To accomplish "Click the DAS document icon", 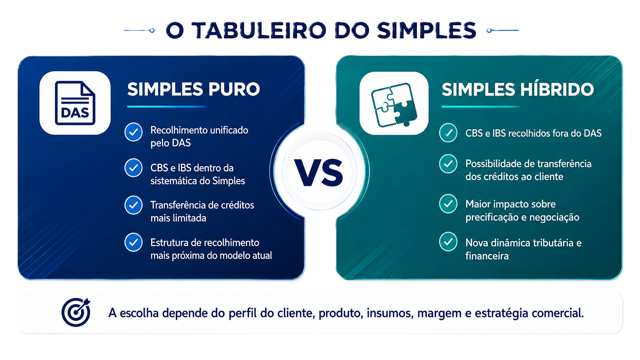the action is (x=75, y=103).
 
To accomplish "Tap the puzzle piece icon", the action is (x=394, y=104).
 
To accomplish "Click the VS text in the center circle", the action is (x=319, y=173).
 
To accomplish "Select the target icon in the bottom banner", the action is (x=76, y=312).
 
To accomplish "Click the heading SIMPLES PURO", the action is (x=193, y=89).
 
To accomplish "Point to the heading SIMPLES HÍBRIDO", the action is (x=518, y=89).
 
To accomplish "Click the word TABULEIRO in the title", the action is (x=259, y=30).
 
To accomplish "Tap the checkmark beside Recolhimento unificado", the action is (x=134, y=132).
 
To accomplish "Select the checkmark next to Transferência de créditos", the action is (x=134, y=205).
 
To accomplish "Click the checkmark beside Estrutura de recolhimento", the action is (x=134, y=243).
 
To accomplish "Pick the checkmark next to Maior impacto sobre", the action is (x=448, y=204).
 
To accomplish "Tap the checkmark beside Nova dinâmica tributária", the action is (x=448, y=241).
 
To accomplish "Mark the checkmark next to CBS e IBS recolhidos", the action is (x=448, y=133).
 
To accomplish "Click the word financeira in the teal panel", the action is (x=487, y=256).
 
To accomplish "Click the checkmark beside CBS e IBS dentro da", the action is (x=134, y=168).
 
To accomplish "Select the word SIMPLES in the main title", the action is (x=426, y=30).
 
